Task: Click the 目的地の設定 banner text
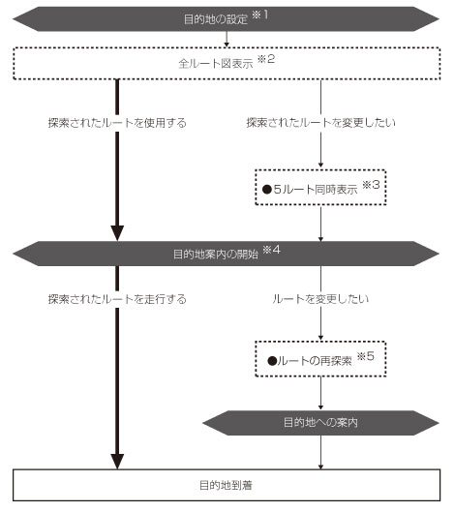(216, 19)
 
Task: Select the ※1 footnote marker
(260, 15)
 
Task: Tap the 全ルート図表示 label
(216, 63)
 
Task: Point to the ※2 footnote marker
(266, 59)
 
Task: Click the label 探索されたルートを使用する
(117, 123)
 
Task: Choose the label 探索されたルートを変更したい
(320, 123)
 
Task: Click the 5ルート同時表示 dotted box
(320, 188)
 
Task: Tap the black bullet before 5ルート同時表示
(267, 190)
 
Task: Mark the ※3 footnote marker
(371, 185)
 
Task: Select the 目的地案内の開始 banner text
(216, 254)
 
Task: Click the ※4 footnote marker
(272, 250)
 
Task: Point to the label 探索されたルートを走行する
(117, 299)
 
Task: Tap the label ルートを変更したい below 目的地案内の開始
(320, 299)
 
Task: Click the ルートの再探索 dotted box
(320, 359)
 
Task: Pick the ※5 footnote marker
(366, 356)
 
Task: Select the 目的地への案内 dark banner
(320, 423)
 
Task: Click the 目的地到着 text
(226, 485)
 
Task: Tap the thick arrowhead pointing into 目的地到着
(117, 462)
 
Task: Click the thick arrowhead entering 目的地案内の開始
(117, 233)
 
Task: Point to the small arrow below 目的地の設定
(227, 39)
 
